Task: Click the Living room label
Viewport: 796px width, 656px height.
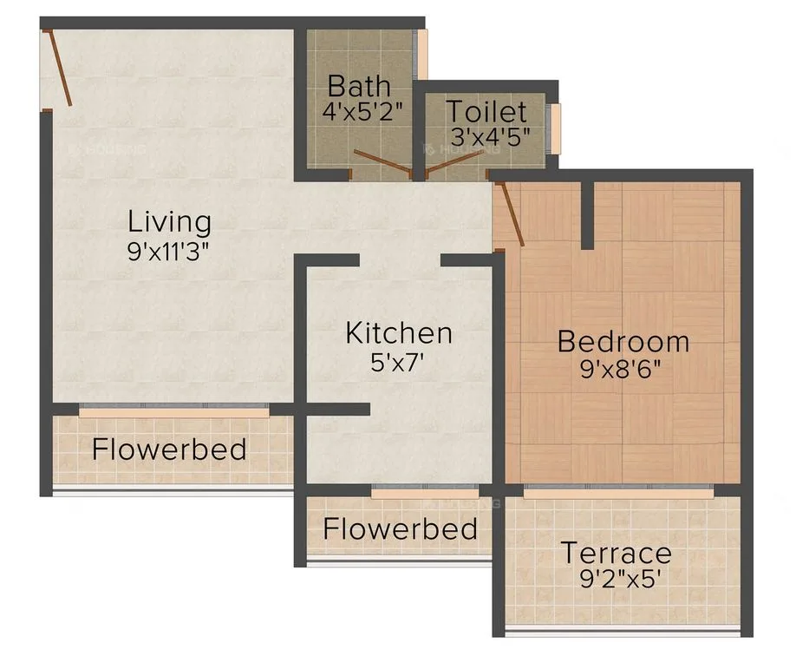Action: (169, 221)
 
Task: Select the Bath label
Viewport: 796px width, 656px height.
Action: (359, 87)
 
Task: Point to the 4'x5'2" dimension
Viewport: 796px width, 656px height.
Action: (359, 113)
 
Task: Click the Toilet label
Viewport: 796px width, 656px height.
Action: (486, 111)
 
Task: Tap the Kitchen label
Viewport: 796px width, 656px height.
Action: (399, 332)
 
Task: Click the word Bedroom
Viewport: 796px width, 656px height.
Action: (623, 341)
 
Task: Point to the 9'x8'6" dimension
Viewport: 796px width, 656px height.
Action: (623, 369)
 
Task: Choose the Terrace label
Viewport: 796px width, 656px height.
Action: (615, 553)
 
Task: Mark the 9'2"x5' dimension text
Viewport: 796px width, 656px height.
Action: (615, 579)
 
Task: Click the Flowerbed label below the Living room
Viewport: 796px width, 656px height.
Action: (169, 449)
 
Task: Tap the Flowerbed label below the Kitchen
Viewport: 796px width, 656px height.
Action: (400, 528)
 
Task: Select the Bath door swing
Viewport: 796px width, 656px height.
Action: (382, 162)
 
